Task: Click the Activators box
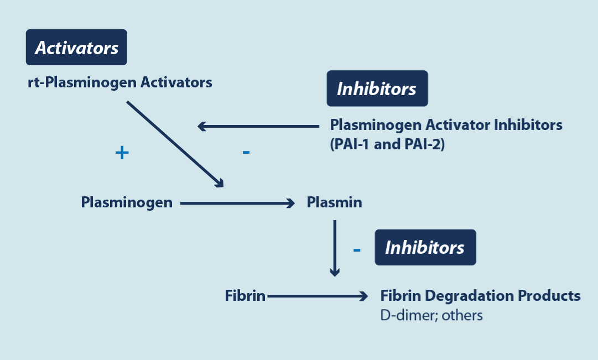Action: (76, 48)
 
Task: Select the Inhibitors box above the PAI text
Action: (377, 88)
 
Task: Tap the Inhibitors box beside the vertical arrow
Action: (425, 247)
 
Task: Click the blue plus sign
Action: (122, 153)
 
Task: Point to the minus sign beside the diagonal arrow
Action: (246, 152)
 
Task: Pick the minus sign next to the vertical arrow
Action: (357, 250)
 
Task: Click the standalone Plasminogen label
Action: (127, 202)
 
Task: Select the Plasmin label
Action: (334, 202)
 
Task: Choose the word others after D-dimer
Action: (464, 315)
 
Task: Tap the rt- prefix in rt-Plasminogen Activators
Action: (34, 83)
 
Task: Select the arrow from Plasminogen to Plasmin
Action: (238, 204)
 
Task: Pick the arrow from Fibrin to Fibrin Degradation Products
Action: (317, 297)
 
